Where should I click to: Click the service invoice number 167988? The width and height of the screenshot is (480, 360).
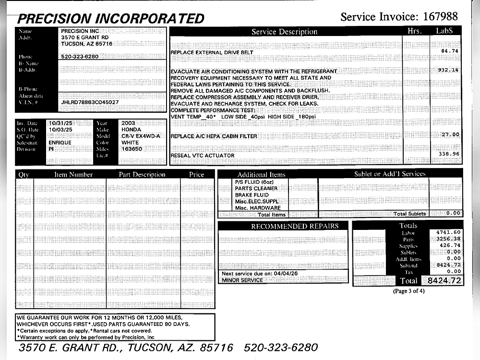pyautogui.click(x=442, y=17)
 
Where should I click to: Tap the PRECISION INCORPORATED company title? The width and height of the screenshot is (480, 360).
pyautogui.click(x=111, y=19)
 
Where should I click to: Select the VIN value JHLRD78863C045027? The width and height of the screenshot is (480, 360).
pyautogui.click(x=90, y=102)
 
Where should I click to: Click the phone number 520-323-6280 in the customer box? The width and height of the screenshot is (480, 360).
pyautogui.click(x=80, y=56)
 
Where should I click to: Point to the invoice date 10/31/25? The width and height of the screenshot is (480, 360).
pyautogui.click(x=60, y=123)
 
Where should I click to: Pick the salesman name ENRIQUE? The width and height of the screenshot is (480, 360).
pyautogui.click(x=60, y=143)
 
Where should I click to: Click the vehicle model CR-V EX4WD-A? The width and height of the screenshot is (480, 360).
pyautogui.click(x=141, y=136)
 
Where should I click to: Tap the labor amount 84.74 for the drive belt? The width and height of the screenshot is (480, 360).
pyautogui.click(x=450, y=51)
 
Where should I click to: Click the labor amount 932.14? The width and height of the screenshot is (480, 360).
pyautogui.click(x=448, y=70)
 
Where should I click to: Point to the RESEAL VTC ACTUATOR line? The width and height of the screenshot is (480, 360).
pyautogui.click(x=203, y=156)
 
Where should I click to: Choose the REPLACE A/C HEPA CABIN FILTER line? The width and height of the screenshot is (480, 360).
pyautogui.click(x=214, y=136)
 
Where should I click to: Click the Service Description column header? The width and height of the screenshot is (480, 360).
pyautogui.click(x=285, y=32)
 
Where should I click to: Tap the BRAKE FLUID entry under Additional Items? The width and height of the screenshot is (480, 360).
pyautogui.click(x=252, y=195)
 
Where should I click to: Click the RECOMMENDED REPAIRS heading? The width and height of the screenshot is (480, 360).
pyautogui.click(x=295, y=226)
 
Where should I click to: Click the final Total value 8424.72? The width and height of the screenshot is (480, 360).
pyautogui.click(x=444, y=280)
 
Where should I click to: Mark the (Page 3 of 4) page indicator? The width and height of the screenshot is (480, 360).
pyautogui.click(x=408, y=291)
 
